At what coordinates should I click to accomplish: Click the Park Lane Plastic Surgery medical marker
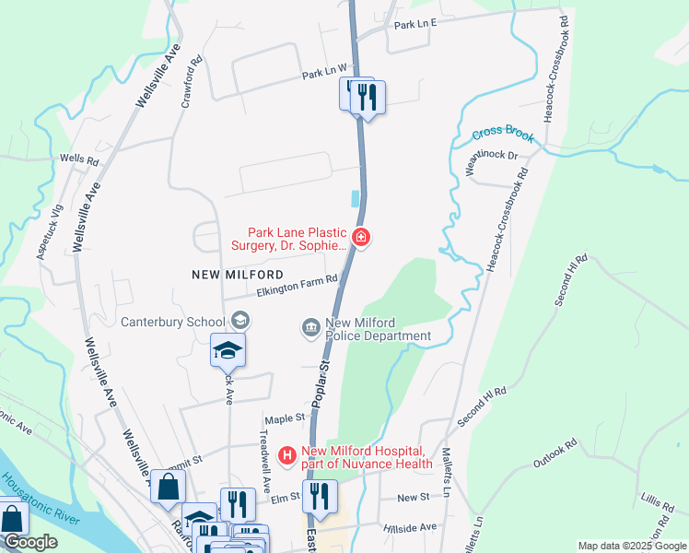click(x=361, y=239)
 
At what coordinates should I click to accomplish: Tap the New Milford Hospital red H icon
click(x=287, y=454)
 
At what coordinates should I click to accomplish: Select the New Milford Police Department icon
click(x=310, y=327)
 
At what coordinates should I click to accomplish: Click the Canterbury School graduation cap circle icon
click(x=240, y=321)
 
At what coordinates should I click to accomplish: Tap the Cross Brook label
click(x=503, y=135)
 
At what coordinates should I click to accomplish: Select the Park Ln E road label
click(x=414, y=23)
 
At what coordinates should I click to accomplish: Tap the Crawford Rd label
click(x=191, y=85)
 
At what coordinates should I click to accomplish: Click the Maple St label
click(x=285, y=418)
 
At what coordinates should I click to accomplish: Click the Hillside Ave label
click(x=415, y=527)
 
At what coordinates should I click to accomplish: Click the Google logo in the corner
click(x=29, y=542)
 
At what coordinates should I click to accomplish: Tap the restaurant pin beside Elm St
click(x=320, y=497)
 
